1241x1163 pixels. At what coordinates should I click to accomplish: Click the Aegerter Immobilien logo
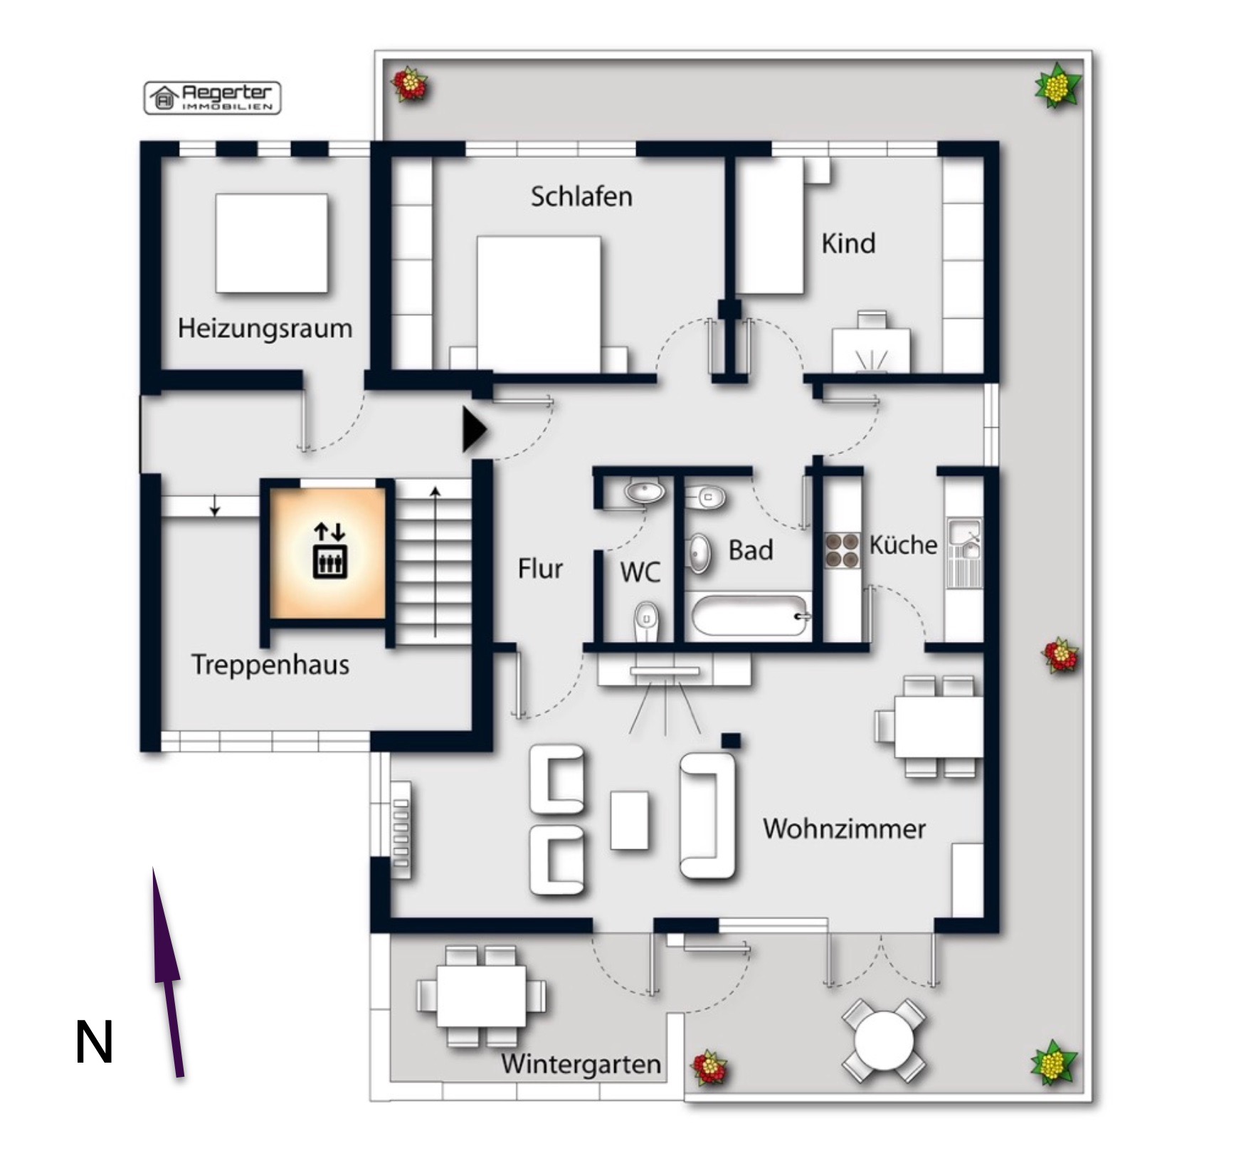click(213, 98)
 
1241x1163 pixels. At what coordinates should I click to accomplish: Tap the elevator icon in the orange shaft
click(329, 551)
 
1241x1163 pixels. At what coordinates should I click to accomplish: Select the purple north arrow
click(167, 972)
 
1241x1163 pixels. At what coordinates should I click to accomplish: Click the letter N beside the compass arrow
click(94, 1043)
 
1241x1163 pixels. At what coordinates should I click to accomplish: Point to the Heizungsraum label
click(265, 329)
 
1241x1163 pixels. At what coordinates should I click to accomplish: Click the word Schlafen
click(581, 196)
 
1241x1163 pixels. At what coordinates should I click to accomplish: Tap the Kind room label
click(848, 243)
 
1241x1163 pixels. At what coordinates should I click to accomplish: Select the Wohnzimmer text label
click(844, 828)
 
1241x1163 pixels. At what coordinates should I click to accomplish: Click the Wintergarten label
click(581, 1064)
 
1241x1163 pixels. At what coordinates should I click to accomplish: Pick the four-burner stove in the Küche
click(843, 550)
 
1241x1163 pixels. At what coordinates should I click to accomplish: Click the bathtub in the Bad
click(751, 616)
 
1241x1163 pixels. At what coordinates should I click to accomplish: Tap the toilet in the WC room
click(646, 621)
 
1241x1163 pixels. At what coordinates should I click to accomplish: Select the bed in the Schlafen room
click(539, 304)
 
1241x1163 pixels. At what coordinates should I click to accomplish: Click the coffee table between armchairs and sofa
click(630, 820)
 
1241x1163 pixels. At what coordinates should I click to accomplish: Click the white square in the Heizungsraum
click(271, 243)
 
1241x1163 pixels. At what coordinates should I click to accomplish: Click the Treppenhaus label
click(270, 665)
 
